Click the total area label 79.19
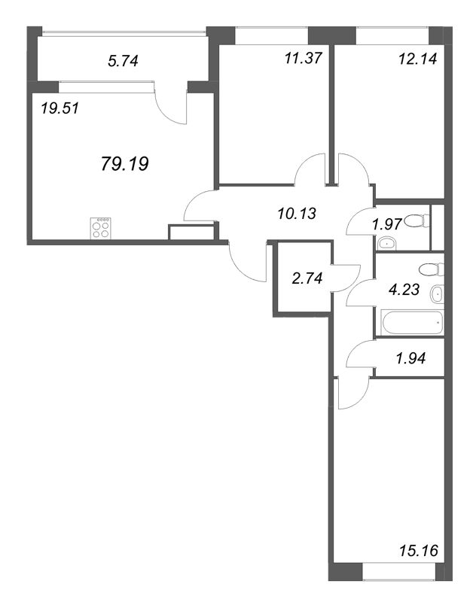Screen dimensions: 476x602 coord(125,164)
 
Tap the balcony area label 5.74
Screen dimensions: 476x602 coord(123,61)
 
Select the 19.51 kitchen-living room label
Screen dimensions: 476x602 coord(60,108)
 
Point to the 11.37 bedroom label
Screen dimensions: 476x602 coord(303,59)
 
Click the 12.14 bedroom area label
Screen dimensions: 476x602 coord(417,59)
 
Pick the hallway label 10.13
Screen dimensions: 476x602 coord(297,213)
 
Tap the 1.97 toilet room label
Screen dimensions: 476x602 coord(387,223)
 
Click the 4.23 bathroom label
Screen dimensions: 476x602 coord(404,289)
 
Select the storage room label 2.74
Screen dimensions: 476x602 coord(307,278)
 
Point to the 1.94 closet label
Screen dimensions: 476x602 coord(410,358)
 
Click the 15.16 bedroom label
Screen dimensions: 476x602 coord(418,551)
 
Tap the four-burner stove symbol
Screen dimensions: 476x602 coord(101,228)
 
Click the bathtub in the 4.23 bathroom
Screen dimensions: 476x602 coord(412,323)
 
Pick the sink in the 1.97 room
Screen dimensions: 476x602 coord(386,243)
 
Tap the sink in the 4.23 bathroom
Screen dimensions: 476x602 coord(438,294)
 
